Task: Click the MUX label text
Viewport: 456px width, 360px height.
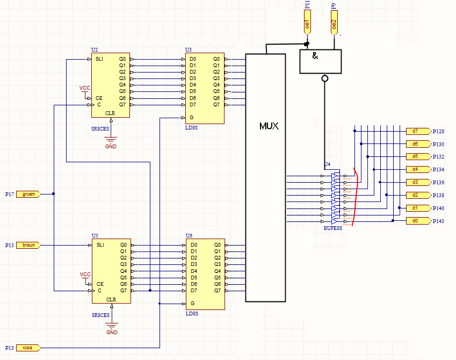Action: tap(269, 126)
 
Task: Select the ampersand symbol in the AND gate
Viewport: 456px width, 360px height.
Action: tap(315, 55)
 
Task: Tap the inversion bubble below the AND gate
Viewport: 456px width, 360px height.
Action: tap(325, 78)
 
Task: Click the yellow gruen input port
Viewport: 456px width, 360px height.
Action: tap(28, 194)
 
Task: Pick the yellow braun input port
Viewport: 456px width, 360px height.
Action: tap(28, 245)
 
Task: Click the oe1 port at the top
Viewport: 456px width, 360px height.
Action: tap(307, 23)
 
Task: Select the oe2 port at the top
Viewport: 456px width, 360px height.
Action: tap(334, 23)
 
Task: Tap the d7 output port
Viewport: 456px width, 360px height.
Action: tap(418, 131)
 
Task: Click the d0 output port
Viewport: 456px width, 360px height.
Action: tap(418, 221)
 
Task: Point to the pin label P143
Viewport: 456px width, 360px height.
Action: tap(438, 221)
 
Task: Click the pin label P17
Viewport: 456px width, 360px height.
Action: tap(10, 194)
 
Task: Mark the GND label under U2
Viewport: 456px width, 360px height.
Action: tap(111, 146)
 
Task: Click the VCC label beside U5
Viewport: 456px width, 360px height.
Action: tap(85, 275)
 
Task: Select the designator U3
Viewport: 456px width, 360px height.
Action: tap(189, 50)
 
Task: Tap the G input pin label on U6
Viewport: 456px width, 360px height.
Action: tap(192, 303)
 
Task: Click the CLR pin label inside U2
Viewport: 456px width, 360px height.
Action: tap(110, 113)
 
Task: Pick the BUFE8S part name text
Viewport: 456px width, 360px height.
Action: tap(333, 228)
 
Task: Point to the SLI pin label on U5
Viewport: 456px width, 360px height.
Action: tap(100, 245)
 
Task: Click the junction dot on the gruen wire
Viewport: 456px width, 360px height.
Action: tap(54, 194)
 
